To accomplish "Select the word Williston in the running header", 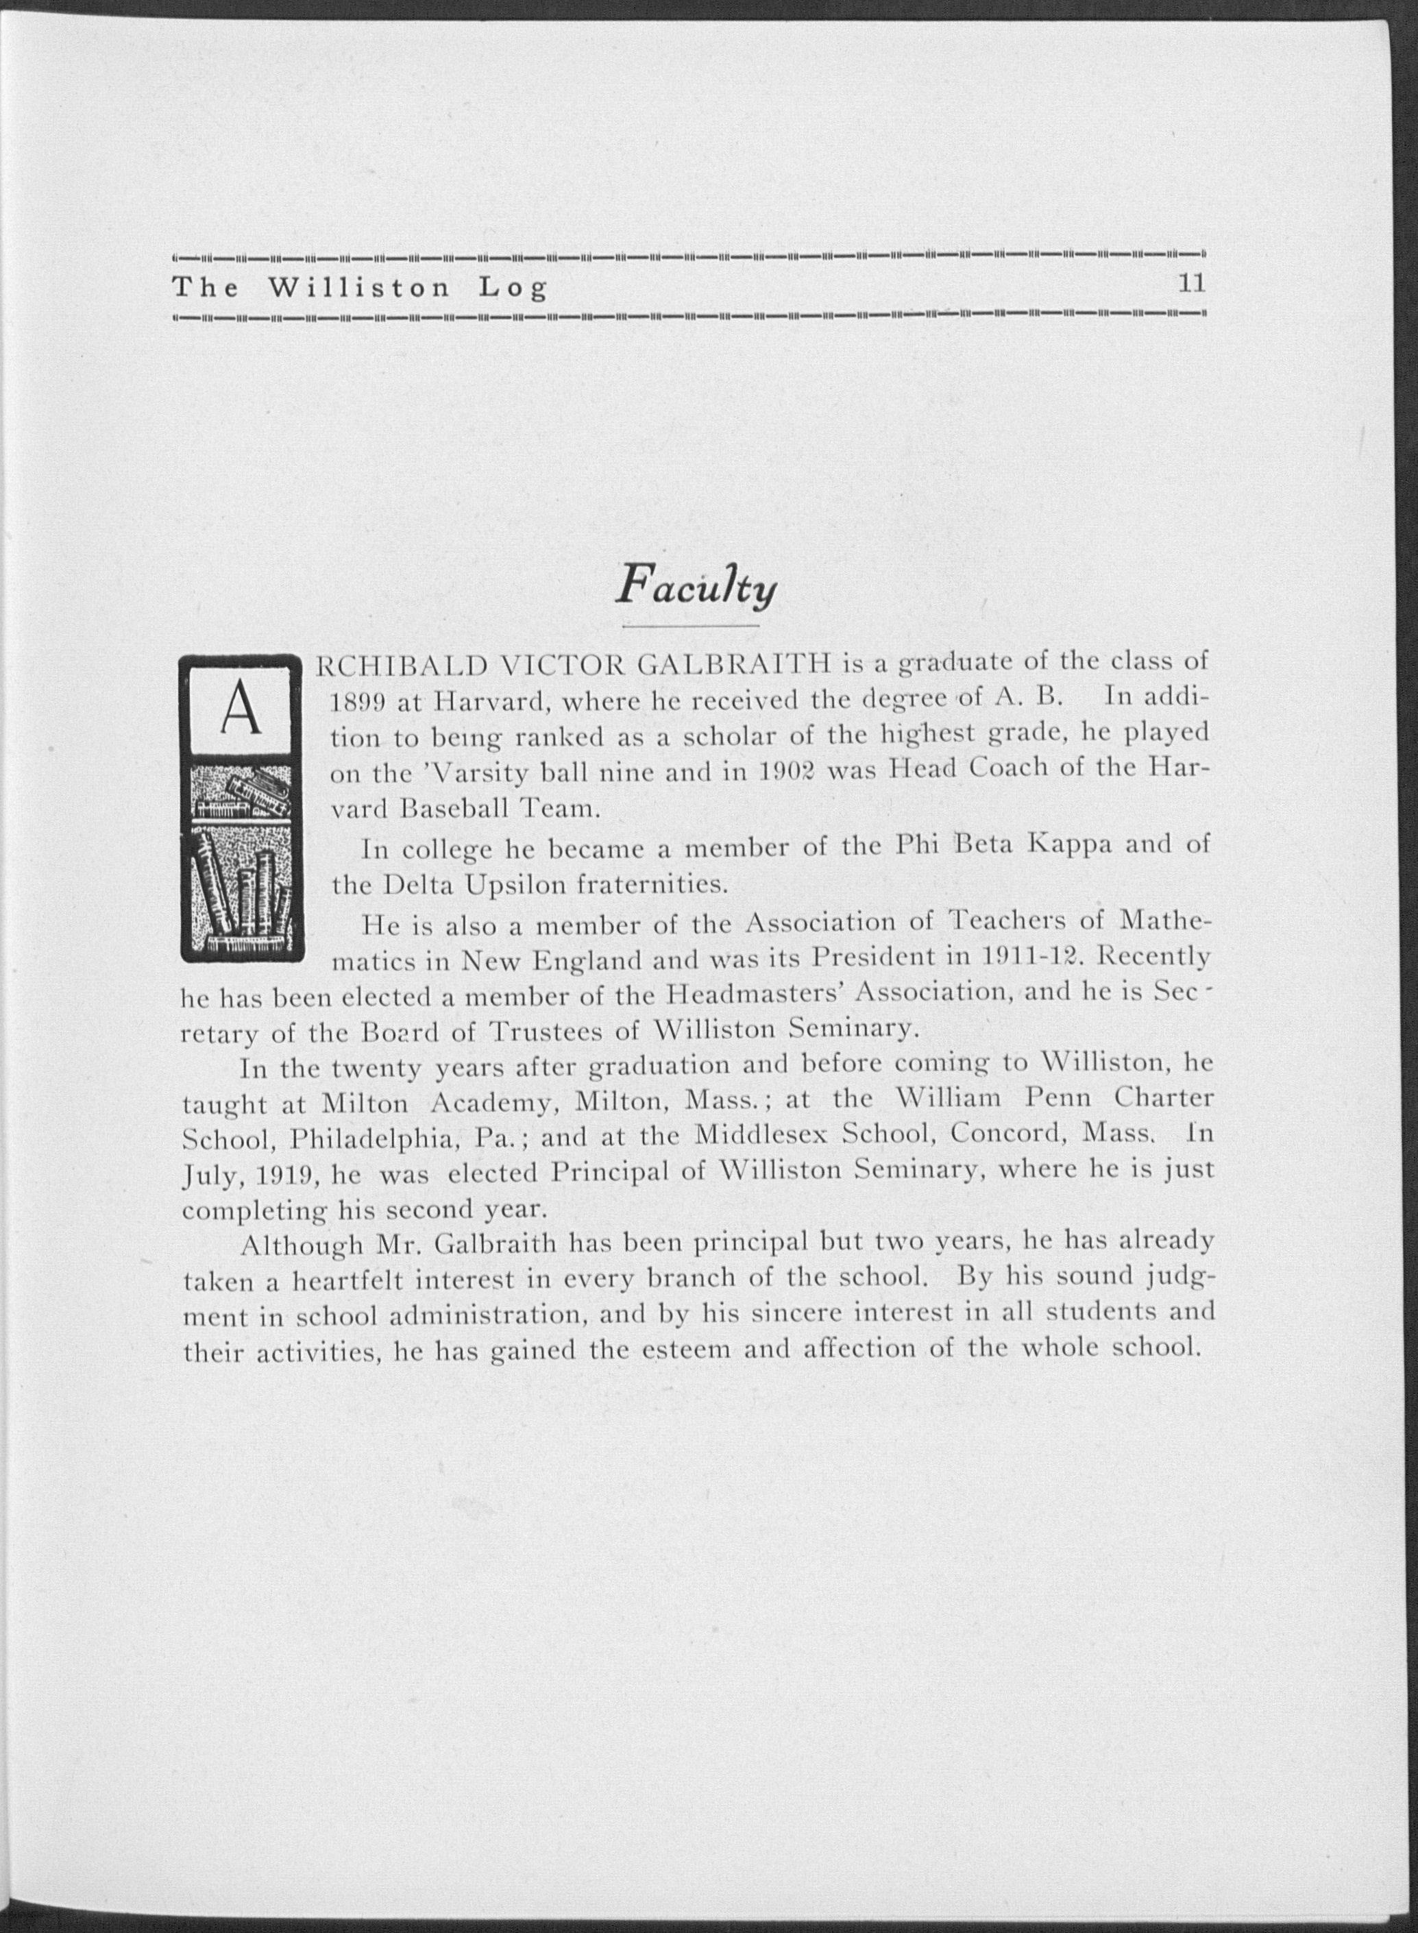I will point(360,287).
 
